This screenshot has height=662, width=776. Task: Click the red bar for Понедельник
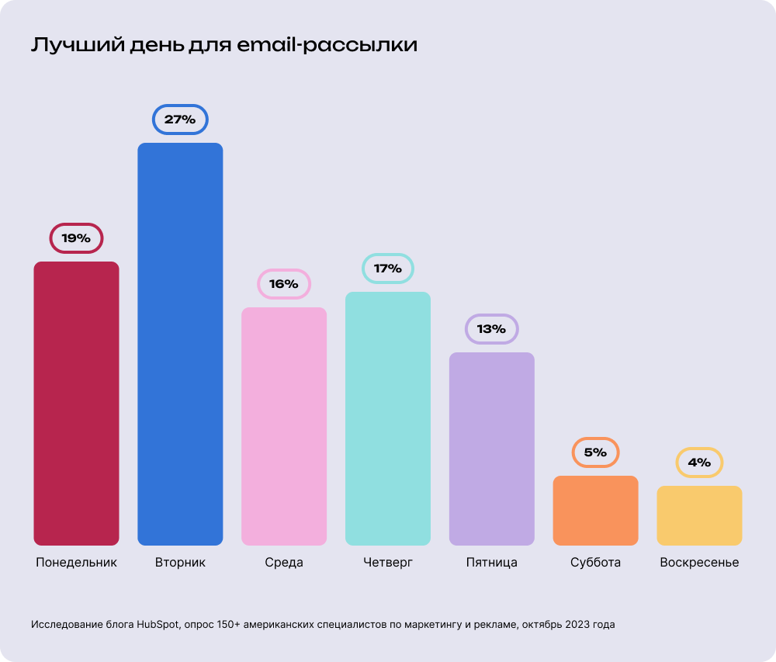[76, 404]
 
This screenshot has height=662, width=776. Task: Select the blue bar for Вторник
[180, 344]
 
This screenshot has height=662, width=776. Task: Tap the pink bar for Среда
[284, 426]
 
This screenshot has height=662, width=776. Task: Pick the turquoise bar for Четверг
[388, 418]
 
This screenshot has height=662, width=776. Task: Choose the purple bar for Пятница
[492, 449]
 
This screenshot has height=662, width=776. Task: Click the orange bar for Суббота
[595, 510]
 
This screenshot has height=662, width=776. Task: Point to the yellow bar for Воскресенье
[699, 515]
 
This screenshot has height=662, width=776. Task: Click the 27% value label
[180, 120]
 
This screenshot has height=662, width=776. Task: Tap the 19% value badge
[76, 238]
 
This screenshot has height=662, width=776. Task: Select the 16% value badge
[284, 284]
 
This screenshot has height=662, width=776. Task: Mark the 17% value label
[388, 269]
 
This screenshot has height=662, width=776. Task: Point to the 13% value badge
[491, 329]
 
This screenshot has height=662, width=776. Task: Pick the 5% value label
[595, 452]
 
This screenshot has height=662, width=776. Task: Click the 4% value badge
[699, 463]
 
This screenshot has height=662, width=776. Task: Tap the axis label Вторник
[180, 563]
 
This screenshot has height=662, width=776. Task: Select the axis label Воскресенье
[699, 563]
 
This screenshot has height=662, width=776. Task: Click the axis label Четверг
[388, 563]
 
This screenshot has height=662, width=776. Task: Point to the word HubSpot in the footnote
[158, 624]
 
